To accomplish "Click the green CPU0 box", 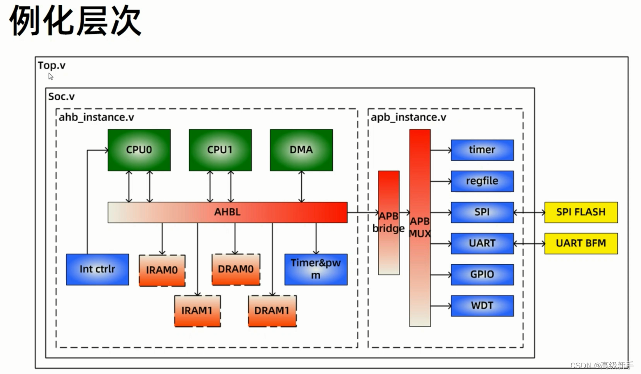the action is click(139, 150).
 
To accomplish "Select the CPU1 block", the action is click(220, 150).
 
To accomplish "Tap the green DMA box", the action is click(301, 150).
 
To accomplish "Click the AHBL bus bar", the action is click(227, 212).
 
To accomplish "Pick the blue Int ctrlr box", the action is click(98, 270).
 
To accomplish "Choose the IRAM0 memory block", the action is click(162, 270).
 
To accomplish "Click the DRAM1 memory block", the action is click(272, 311).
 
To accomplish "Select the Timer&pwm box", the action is click(316, 270).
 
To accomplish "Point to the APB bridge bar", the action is click(389, 223).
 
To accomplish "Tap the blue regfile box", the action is click(482, 181).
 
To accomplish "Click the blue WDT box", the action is click(482, 306).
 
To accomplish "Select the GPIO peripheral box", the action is click(482, 275).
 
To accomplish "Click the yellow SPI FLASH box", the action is click(581, 212).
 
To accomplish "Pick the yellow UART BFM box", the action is click(581, 244).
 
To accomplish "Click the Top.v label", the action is click(52, 65).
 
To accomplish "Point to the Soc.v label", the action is click(61, 97).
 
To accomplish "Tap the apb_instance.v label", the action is click(408, 117).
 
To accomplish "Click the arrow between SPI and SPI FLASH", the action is click(529, 212).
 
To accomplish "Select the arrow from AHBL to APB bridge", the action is click(363, 212).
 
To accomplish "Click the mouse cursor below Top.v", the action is click(51, 77).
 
